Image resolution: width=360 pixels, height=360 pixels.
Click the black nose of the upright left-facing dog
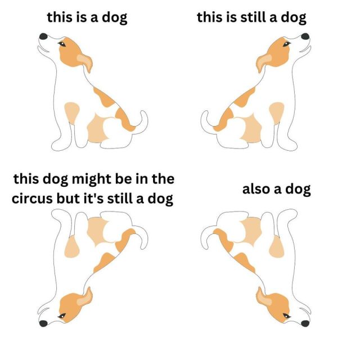tap(43, 36)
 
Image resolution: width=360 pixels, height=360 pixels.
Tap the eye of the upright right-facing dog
tap(286, 44)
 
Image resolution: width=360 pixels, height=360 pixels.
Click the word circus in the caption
tap(32, 199)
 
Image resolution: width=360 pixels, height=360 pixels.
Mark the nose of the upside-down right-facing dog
tap(305, 323)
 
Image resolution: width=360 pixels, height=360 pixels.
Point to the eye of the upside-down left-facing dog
tap(62, 316)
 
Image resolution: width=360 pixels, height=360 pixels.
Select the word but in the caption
tap(66, 199)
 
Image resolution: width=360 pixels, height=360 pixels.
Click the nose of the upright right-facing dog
tap(305, 36)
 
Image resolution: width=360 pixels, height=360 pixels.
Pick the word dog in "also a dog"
tap(298, 190)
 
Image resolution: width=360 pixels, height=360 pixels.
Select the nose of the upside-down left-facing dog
tap(43, 323)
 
